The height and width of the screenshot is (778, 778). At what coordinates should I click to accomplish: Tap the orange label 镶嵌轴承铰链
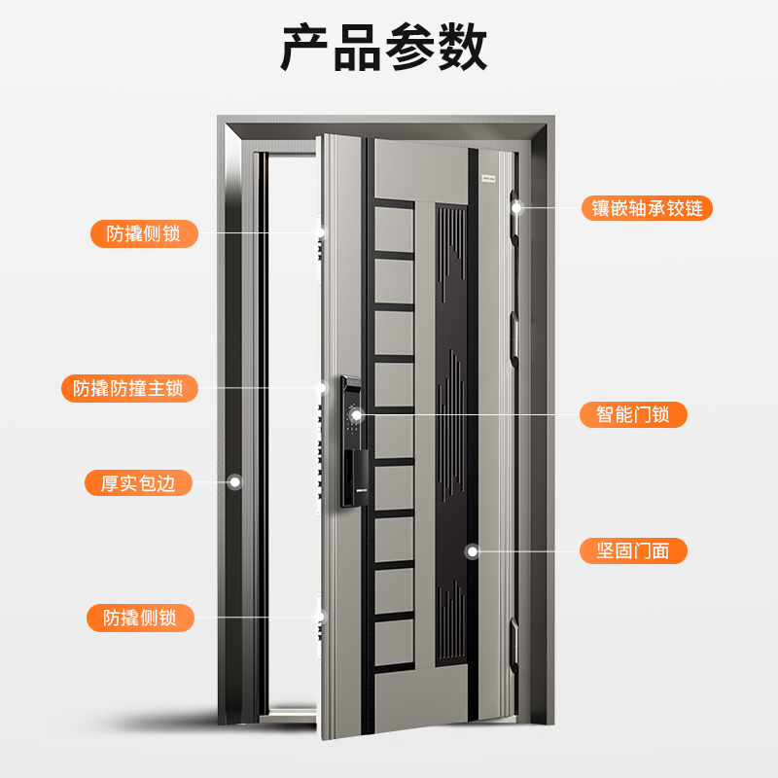[647, 207]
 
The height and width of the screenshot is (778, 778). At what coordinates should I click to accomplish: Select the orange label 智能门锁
[633, 414]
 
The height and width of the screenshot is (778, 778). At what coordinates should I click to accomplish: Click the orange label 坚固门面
[633, 550]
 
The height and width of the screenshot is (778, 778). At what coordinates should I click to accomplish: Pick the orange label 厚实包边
[138, 482]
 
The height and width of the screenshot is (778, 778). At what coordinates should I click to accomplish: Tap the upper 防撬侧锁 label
[138, 232]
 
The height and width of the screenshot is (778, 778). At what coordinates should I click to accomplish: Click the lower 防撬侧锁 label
[138, 617]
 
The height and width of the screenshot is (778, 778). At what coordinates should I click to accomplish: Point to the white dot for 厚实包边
[234, 481]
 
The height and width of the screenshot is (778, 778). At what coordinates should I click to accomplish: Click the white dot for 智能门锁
[357, 415]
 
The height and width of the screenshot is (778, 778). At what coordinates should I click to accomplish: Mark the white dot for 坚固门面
[473, 550]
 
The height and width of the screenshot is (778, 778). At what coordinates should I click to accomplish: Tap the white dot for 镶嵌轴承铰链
[517, 207]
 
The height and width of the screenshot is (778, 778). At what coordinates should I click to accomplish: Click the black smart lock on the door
[351, 438]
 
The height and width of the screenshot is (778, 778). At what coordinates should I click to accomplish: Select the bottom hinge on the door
[514, 636]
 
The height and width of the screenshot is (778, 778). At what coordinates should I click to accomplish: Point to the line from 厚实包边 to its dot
[209, 482]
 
